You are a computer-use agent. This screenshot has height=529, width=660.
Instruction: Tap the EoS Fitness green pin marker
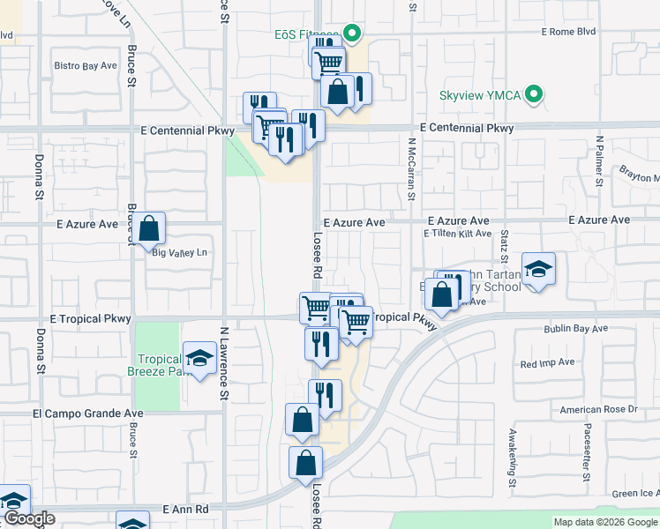click(351, 35)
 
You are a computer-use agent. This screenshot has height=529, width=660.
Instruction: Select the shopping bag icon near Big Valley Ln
click(150, 228)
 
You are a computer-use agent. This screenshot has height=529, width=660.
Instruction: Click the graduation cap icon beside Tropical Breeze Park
click(199, 359)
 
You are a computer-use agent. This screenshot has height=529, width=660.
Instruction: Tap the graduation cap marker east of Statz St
click(538, 270)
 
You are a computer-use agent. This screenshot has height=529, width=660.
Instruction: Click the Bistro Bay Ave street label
click(86, 65)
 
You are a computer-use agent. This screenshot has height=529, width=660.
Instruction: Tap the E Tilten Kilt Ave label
click(456, 234)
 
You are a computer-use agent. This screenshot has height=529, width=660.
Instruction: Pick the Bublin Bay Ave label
click(576, 329)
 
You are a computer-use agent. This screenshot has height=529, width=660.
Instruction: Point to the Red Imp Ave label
click(547, 362)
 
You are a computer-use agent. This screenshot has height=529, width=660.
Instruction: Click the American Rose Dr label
click(598, 409)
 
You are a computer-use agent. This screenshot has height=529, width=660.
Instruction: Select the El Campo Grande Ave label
click(87, 413)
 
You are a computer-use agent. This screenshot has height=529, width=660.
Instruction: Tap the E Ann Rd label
click(185, 509)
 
